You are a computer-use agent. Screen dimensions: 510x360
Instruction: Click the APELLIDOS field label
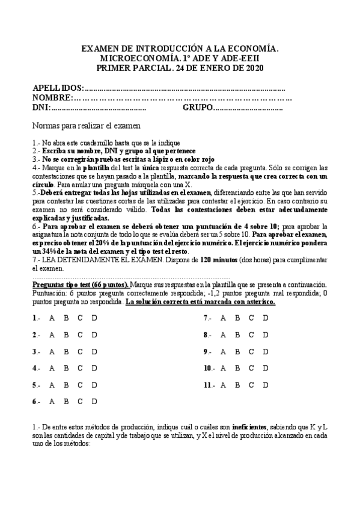pos(58,88)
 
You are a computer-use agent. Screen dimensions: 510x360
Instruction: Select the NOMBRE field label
pos(52,97)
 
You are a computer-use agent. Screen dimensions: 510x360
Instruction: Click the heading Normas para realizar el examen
pos(87,126)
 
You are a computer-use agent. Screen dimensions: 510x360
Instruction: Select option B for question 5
pos(66,384)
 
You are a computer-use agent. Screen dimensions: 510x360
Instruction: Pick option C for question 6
pos(79,401)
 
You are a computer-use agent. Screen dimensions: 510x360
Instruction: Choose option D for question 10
pos(266,367)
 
